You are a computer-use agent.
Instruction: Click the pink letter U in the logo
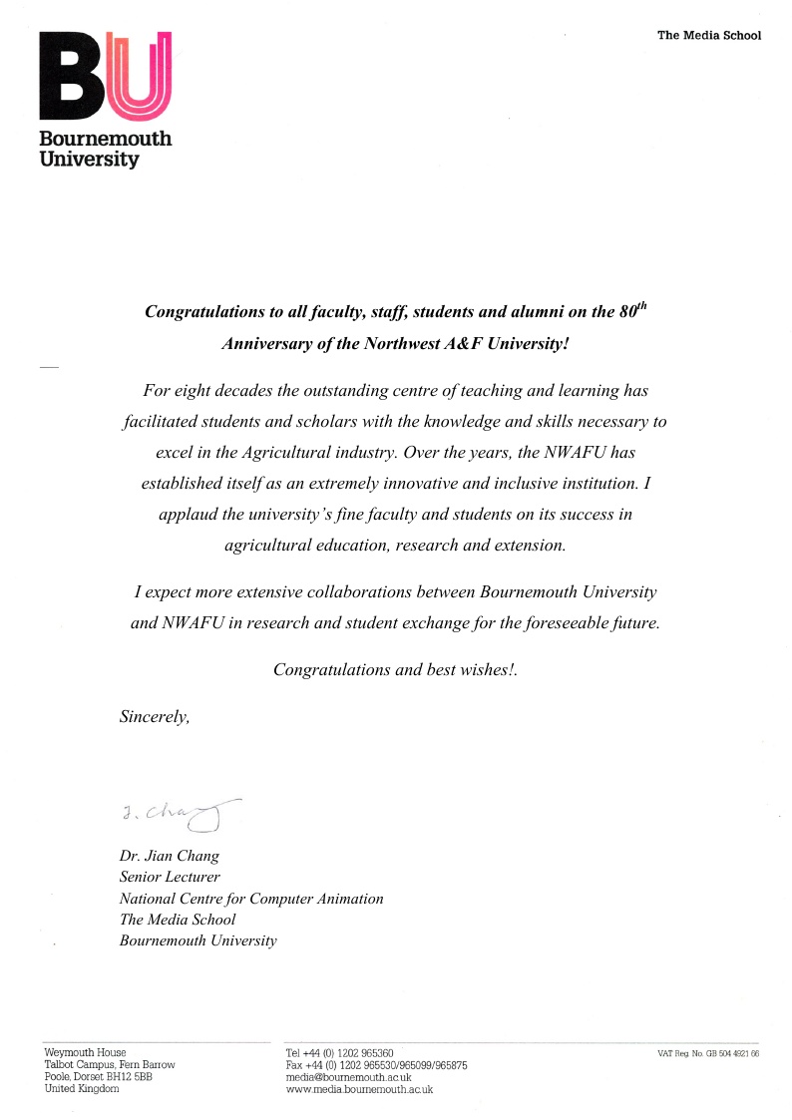pyautogui.click(x=141, y=76)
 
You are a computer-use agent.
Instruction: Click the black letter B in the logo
pyautogui.click(x=72, y=76)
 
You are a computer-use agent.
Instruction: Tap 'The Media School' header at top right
pyautogui.click(x=708, y=36)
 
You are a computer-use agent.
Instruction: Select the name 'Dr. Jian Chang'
pyautogui.click(x=169, y=856)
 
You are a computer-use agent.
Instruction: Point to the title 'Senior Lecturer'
pyautogui.click(x=170, y=877)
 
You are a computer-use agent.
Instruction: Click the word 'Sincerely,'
pyautogui.click(x=155, y=715)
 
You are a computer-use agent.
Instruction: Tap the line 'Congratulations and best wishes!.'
pyautogui.click(x=395, y=669)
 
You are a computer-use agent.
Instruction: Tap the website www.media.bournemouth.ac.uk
pyautogui.click(x=359, y=1089)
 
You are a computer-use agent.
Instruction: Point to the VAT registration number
pyautogui.click(x=708, y=1053)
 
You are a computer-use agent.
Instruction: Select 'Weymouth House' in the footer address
pyautogui.click(x=85, y=1053)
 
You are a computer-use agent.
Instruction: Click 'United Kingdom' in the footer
pyautogui.click(x=82, y=1089)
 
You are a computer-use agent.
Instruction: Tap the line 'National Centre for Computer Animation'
pyautogui.click(x=251, y=899)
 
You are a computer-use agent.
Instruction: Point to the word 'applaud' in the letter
pyautogui.click(x=187, y=515)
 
